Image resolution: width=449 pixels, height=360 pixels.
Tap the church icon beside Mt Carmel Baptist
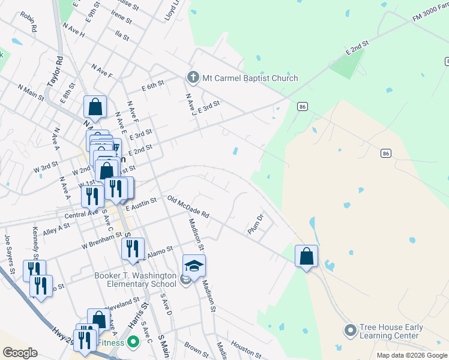click(193, 77)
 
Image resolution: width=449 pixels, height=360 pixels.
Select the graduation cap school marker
click(194, 265)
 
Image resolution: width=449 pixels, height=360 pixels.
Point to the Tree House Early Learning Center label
click(391, 331)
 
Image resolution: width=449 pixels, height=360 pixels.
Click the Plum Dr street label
click(256, 224)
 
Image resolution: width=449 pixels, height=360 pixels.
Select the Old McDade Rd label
click(188, 206)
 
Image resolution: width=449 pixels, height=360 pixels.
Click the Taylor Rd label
click(59, 70)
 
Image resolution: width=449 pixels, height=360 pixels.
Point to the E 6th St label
click(153, 86)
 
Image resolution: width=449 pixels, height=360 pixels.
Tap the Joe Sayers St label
click(9, 250)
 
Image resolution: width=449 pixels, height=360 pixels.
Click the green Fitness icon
click(134, 343)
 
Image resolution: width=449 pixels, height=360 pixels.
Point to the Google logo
click(20, 353)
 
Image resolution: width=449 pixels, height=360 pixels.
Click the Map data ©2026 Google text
click(411, 355)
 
